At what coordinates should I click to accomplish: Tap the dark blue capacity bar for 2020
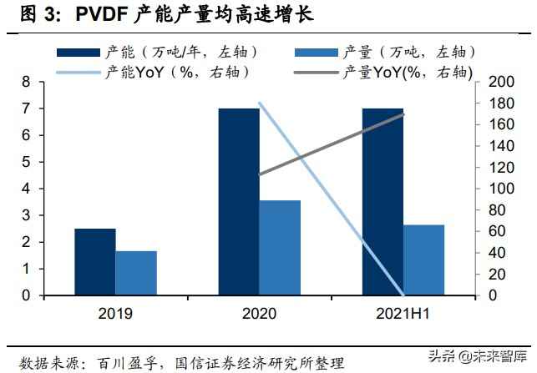[x=239, y=202]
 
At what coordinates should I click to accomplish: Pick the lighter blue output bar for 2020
[x=280, y=248]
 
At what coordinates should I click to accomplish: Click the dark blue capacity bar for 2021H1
[x=382, y=202]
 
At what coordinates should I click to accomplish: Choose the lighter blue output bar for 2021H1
[x=424, y=260]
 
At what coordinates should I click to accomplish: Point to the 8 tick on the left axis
[x=27, y=82]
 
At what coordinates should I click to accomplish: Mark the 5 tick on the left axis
[x=27, y=162]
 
